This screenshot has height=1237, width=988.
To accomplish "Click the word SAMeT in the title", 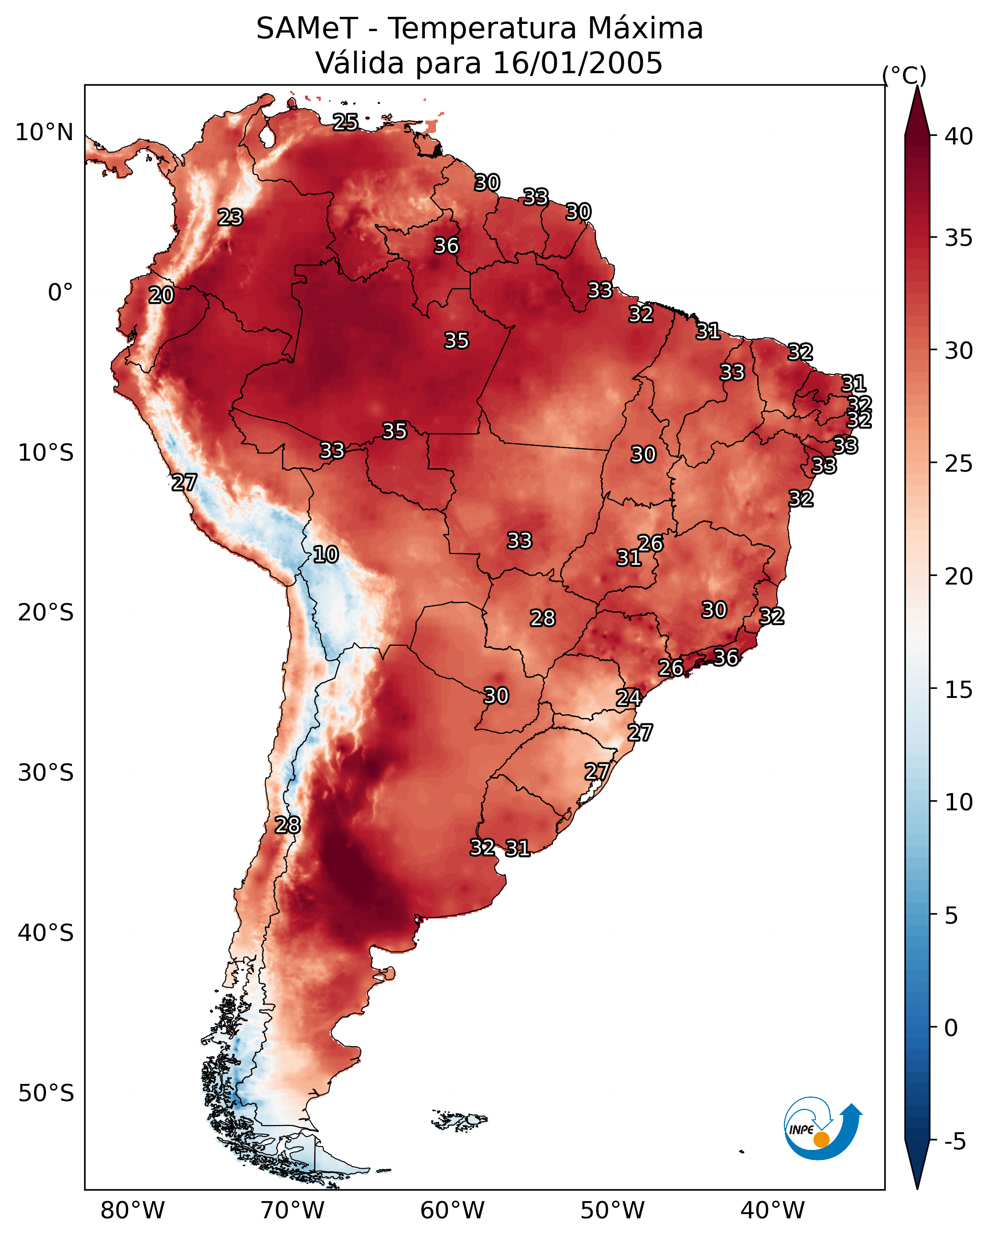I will (x=307, y=29).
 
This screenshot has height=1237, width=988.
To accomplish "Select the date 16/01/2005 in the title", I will (x=577, y=63).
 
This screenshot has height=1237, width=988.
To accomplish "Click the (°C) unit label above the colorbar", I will (x=904, y=75).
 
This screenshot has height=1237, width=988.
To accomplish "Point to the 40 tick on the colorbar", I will (x=959, y=136).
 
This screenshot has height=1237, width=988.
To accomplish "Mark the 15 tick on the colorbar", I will (x=959, y=690).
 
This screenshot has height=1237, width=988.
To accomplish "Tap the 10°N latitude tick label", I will (x=44, y=133).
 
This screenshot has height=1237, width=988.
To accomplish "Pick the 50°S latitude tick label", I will (x=46, y=1093).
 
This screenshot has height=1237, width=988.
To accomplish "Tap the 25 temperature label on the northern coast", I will (x=346, y=122).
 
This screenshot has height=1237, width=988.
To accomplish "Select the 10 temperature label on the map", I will (x=326, y=554).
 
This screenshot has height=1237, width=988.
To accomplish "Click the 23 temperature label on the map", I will (x=230, y=218).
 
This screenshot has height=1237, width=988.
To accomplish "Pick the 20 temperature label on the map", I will (x=161, y=296).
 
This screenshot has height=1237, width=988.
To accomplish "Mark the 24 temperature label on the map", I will (x=629, y=698).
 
